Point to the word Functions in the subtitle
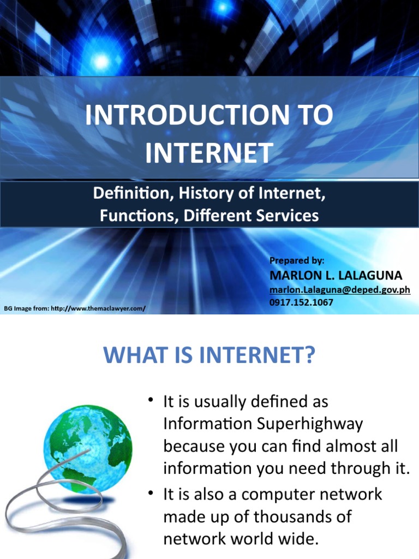pos(131,215)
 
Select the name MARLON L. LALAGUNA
pos(336,275)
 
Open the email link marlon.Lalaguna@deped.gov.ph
pos(339,289)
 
